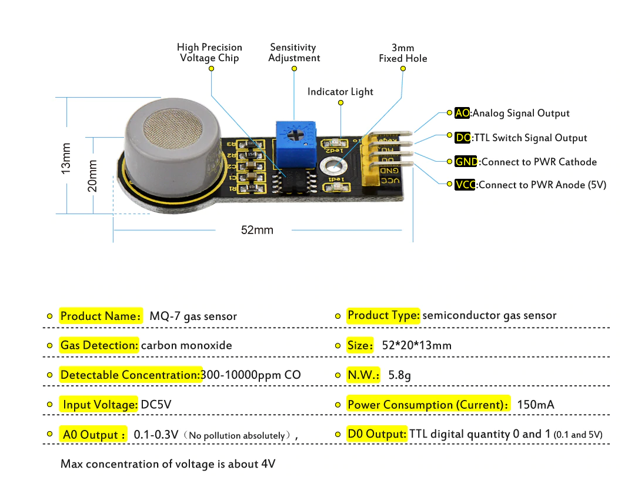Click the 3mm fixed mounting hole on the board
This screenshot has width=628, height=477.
(331, 165)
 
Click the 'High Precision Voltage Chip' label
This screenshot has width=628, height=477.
(209, 52)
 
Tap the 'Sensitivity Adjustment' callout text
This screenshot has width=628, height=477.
(293, 52)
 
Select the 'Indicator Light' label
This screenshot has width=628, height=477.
(340, 92)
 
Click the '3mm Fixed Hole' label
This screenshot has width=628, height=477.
(403, 53)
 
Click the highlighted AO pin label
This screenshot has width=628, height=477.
(462, 113)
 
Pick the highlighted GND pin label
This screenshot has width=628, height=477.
(466, 162)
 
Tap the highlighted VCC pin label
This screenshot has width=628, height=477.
(465, 185)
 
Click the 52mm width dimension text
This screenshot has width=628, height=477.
(257, 230)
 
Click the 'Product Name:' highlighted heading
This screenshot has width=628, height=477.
(101, 316)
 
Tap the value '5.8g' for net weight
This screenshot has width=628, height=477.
(399, 375)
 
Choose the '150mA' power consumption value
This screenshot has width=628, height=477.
(535, 405)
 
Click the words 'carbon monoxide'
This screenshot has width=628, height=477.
(186, 345)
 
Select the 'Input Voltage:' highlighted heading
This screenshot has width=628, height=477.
(100, 405)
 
